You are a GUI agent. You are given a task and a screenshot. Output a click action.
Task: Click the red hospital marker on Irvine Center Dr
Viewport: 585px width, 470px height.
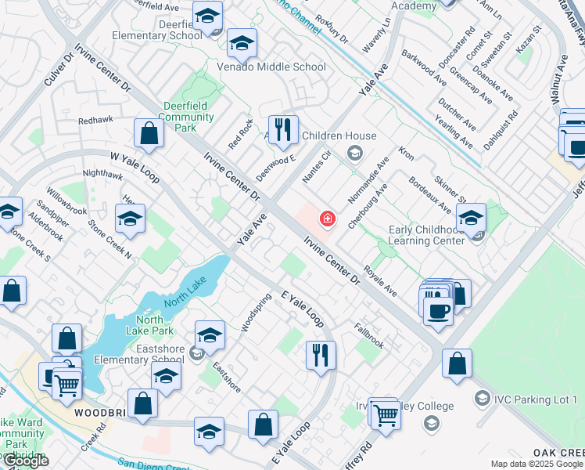pos(327,219)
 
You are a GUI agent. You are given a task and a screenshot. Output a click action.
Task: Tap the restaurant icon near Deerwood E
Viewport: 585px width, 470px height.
pos(282,129)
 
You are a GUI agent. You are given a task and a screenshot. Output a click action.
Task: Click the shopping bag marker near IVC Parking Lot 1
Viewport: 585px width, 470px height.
pos(457,363)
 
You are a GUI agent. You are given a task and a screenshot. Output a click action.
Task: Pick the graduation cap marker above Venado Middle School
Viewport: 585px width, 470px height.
pos(242,45)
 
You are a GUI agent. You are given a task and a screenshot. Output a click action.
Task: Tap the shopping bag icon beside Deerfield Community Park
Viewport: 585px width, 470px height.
pos(149,134)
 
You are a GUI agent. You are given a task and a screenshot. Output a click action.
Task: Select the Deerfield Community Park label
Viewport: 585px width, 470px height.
pos(186,117)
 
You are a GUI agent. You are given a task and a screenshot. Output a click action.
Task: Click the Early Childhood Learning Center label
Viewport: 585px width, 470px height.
pos(432,235)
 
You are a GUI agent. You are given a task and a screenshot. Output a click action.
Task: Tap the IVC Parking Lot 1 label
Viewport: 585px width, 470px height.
pos(536,399)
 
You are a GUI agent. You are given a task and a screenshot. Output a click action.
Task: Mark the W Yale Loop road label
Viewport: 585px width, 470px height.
pos(134,167)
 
